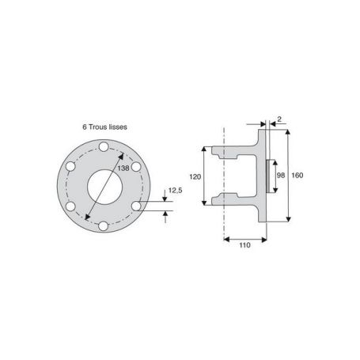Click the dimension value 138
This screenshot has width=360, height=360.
123,169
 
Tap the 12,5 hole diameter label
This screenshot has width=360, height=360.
176,191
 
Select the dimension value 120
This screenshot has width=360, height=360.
195,176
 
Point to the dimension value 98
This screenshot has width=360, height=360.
281,175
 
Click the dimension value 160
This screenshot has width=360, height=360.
297,175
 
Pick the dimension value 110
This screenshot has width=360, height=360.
244,245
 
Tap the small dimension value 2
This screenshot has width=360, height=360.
279,119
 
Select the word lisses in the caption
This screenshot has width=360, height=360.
118,127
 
